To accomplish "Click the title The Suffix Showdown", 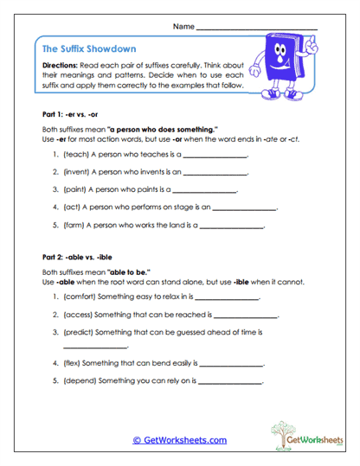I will pyautogui.click(x=89, y=49).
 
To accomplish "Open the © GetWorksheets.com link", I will pyautogui.click(x=179, y=440).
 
